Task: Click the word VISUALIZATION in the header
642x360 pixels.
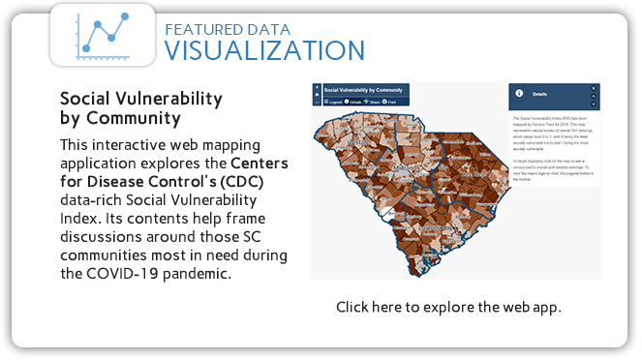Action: [263, 49]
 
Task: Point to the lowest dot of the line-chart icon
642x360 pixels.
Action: [86, 48]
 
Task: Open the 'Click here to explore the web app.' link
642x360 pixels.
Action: [448, 307]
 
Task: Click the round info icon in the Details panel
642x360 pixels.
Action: [519, 94]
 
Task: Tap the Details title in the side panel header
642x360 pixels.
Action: [539, 95]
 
